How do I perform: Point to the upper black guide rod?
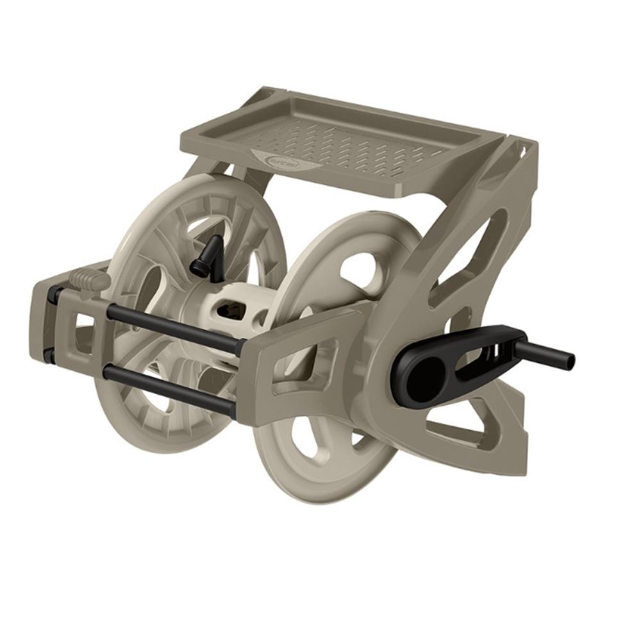pos(173,326)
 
